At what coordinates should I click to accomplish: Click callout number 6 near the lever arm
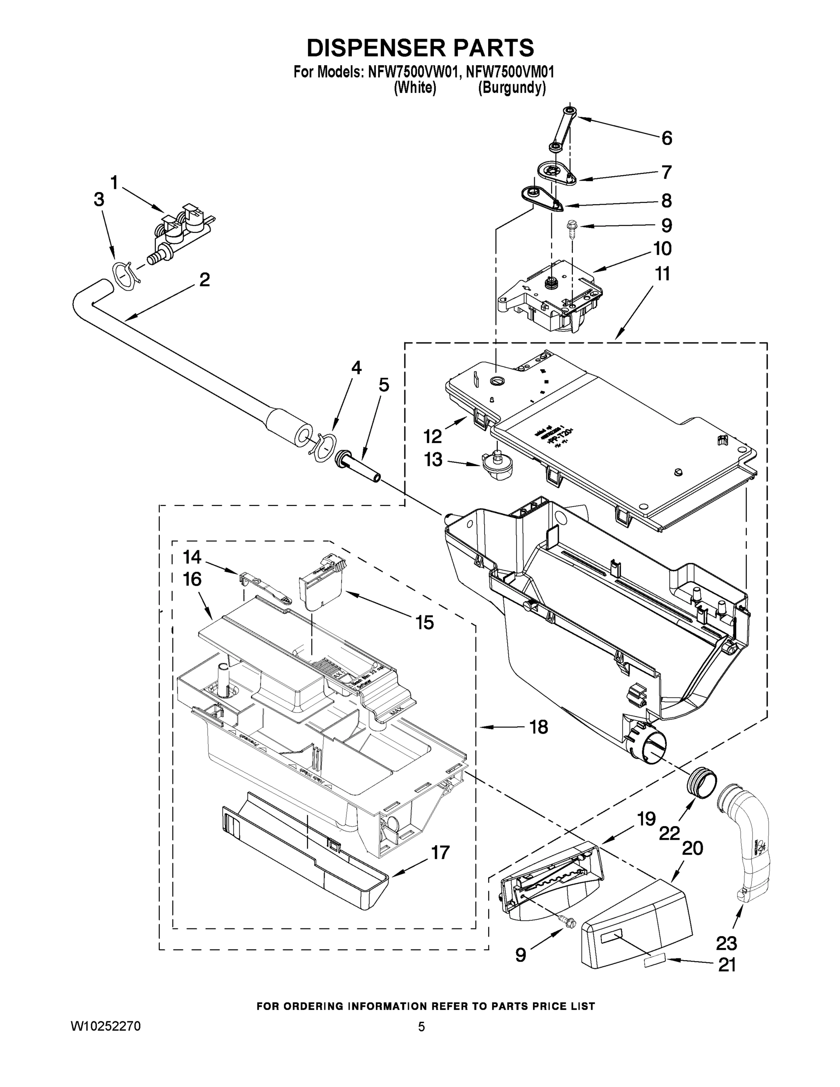point(666,138)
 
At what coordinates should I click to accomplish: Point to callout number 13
point(433,459)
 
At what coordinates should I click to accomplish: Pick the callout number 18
point(538,727)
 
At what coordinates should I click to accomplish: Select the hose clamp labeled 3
point(124,275)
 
